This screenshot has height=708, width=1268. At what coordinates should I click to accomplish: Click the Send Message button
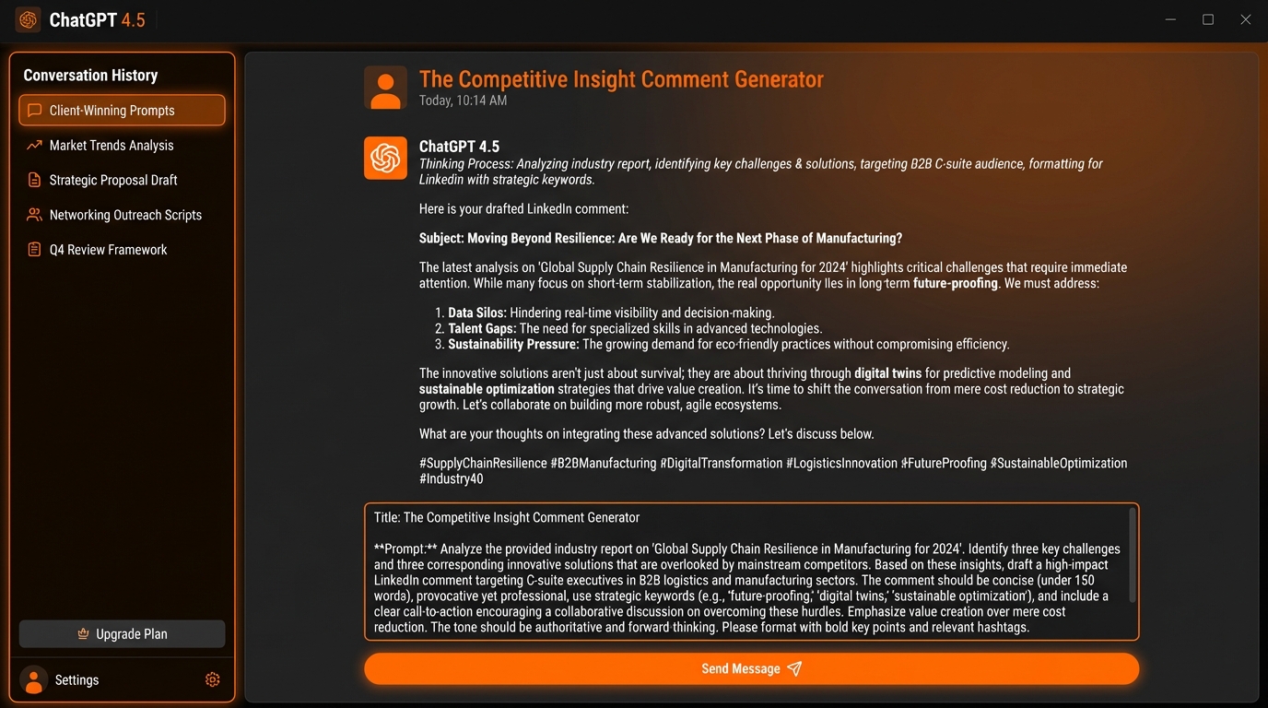tap(751, 669)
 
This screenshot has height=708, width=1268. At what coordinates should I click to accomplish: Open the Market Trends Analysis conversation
tap(111, 146)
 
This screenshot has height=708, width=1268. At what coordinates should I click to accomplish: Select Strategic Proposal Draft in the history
tap(112, 181)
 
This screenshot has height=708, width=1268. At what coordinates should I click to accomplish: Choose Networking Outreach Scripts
tap(124, 215)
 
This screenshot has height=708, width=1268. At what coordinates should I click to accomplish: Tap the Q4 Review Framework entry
tap(108, 250)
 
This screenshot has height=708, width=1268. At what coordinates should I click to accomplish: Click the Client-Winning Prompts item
tap(122, 111)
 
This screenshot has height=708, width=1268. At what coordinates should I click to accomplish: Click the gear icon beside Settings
tap(212, 679)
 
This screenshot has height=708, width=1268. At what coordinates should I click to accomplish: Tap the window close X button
tap(1246, 19)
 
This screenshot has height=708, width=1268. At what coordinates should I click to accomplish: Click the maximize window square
tap(1208, 19)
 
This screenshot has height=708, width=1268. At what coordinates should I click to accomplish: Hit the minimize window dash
tap(1170, 19)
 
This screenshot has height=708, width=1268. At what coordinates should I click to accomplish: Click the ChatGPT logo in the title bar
tap(29, 19)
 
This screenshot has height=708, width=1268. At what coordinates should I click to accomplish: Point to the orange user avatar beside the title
tap(385, 88)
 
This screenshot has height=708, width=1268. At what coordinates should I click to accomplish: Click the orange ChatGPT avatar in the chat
tap(385, 158)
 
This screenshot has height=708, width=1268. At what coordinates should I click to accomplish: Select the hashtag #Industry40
tap(451, 479)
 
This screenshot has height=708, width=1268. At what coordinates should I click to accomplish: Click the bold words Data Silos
tap(477, 313)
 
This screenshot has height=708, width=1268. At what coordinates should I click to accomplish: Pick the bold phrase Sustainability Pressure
tap(513, 345)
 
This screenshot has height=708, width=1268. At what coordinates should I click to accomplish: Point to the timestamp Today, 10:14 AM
tap(463, 100)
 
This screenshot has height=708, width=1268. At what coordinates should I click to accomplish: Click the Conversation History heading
tap(90, 76)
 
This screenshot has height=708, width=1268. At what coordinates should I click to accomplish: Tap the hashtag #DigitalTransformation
tap(721, 464)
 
